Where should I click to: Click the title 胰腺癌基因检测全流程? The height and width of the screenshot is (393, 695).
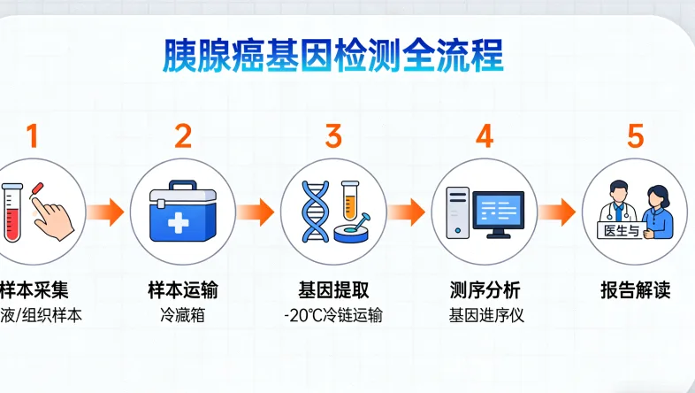click(333, 56)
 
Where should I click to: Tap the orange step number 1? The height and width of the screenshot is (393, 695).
click(33, 136)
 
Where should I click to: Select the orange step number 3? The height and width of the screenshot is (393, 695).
click(333, 136)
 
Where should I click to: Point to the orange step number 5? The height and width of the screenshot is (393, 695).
click(636, 136)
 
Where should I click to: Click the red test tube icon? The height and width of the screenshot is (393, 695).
click(12, 210)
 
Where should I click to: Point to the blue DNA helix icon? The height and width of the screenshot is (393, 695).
click(314, 212)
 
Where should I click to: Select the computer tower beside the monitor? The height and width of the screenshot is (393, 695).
click(457, 212)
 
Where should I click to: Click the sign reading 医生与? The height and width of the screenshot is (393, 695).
click(619, 229)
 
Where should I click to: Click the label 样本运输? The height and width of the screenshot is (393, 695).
click(183, 290)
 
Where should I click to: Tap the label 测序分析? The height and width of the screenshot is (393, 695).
click(484, 290)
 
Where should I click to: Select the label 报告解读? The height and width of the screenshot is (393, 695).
click(636, 290)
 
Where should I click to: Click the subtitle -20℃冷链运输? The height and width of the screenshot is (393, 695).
click(333, 315)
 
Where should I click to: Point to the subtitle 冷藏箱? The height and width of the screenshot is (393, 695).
click(183, 315)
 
